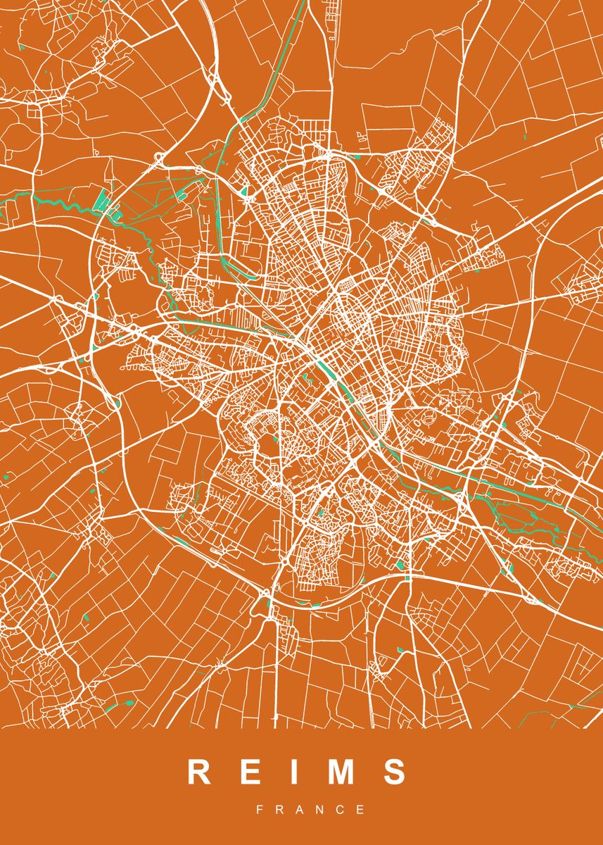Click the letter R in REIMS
click(199, 772)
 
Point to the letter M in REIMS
click(341, 772)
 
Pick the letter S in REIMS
click(395, 772)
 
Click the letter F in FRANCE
click(260, 810)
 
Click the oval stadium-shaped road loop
click(428, 418)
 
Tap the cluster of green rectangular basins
click(103, 201)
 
